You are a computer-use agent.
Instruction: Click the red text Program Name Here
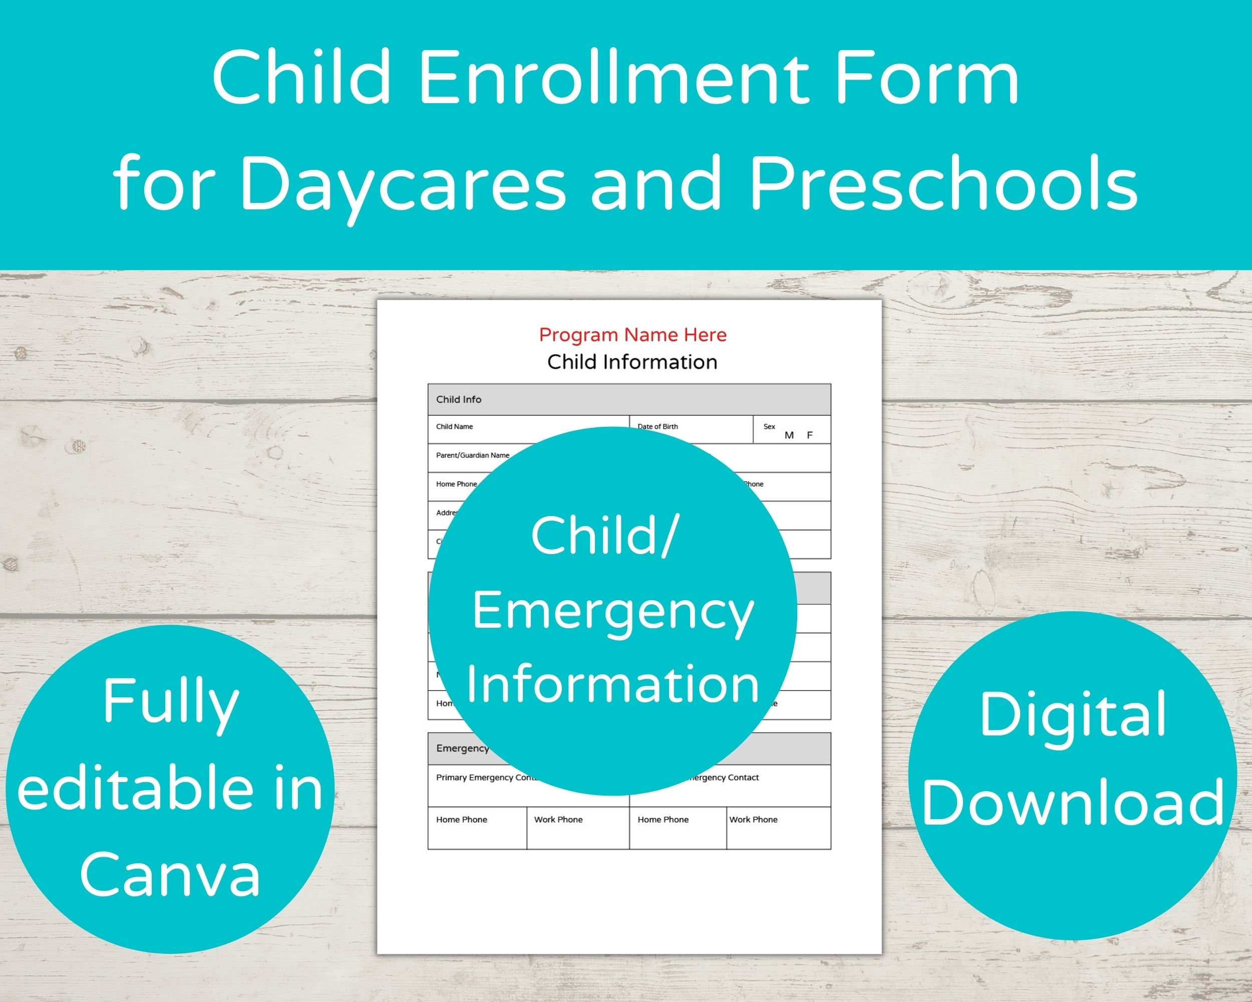point(633,335)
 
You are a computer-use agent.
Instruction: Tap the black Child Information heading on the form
point(633,362)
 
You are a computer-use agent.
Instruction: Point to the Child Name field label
point(454,426)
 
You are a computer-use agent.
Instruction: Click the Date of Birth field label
point(658,426)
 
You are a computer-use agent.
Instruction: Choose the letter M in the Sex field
point(789,435)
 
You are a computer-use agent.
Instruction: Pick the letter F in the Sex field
point(809,435)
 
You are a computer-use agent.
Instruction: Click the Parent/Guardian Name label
point(472,455)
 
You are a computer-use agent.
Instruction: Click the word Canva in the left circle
point(170,874)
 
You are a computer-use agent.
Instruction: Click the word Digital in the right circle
point(1072,714)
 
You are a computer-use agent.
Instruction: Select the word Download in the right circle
point(1072,802)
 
